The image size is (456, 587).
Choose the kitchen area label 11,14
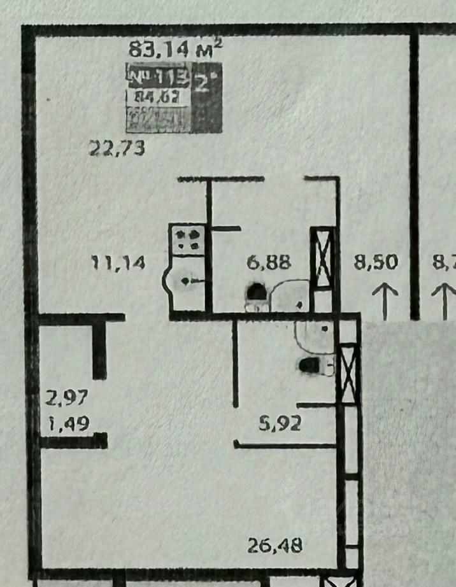120,262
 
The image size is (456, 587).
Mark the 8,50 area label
376,262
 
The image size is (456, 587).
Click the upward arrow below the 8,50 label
385,301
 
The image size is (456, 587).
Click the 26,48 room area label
274,545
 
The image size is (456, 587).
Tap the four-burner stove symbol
187,239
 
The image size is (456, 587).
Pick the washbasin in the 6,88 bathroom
290,296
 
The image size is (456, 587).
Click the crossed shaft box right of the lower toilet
348,373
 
